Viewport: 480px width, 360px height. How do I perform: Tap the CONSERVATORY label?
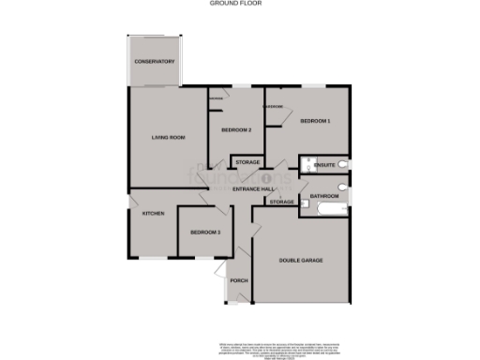coord(155,62)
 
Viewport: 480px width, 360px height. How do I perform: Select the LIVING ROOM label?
coord(168,138)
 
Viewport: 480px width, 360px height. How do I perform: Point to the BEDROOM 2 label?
coord(235,129)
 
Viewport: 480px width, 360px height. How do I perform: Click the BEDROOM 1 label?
coord(315,122)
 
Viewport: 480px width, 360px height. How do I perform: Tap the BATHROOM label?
coord(324,196)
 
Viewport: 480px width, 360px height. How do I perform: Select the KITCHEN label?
coord(153,214)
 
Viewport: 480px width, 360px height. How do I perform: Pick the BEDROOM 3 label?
coord(204,232)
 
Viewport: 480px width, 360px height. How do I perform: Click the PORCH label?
coord(239,280)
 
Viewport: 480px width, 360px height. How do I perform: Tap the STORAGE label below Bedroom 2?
coord(247,163)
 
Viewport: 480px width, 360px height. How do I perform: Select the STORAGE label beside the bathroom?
coord(281,202)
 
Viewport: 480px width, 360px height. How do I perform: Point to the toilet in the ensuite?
coord(345,165)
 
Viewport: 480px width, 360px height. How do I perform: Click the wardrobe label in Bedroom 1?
coord(274,106)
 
